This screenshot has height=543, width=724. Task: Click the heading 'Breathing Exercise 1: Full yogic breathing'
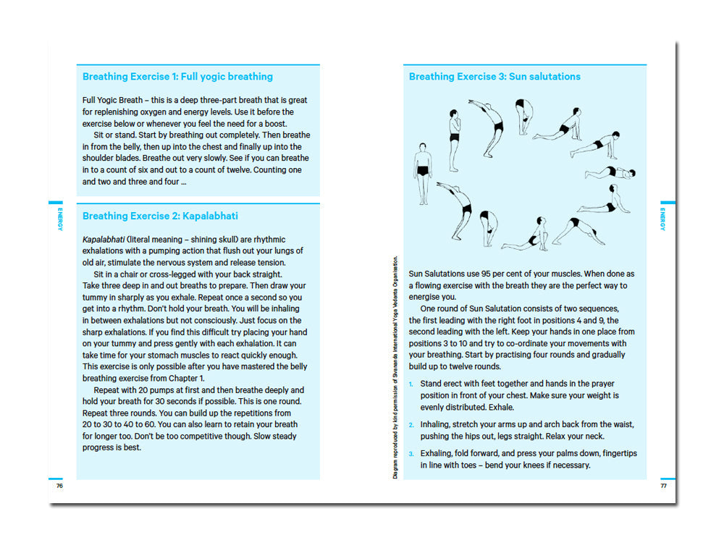coord(177,77)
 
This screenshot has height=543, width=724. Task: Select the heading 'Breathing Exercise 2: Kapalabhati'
coord(160,216)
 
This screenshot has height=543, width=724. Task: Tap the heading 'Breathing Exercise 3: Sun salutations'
coord(494,77)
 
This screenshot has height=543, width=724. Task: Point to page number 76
coord(59,485)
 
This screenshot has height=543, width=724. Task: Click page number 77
coord(663,485)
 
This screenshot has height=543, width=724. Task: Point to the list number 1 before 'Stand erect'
coord(411,384)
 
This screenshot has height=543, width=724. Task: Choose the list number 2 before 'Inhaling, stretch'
coord(411,425)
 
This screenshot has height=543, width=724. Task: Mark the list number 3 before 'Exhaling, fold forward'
coord(411,454)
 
